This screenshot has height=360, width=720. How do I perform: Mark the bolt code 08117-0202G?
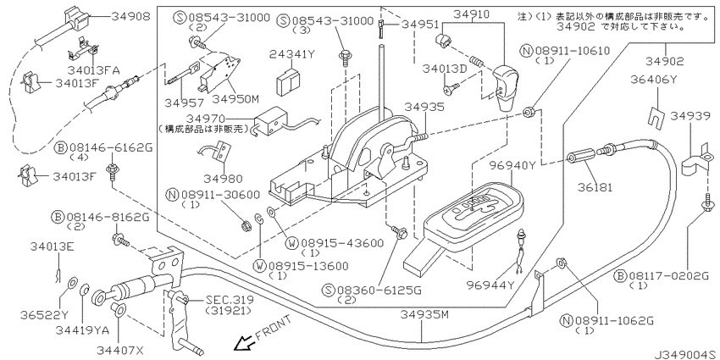tap(674, 276)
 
